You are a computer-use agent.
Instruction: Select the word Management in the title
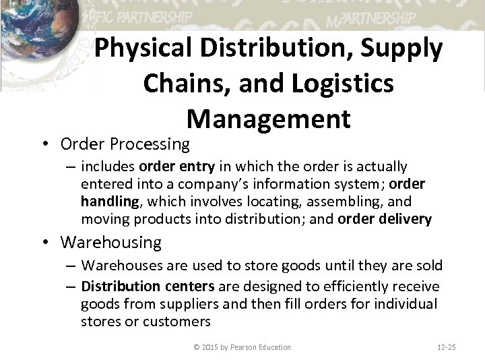click(269, 119)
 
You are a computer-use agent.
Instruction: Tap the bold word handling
click(110, 202)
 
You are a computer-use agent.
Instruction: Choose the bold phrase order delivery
click(384, 219)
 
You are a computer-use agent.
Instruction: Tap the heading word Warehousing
click(111, 241)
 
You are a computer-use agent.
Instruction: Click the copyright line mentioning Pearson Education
click(241, 347)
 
